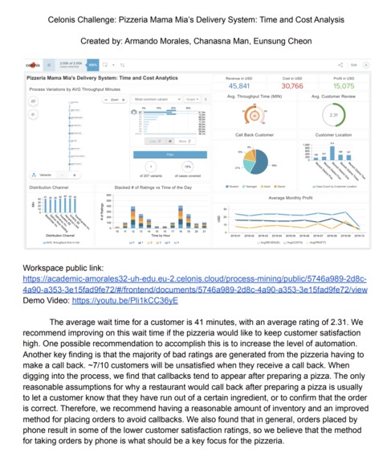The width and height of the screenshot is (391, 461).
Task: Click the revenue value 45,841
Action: tap(239, 84)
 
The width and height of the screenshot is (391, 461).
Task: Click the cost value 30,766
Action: tap(292, 84)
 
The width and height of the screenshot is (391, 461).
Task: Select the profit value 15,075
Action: tap(343, 84)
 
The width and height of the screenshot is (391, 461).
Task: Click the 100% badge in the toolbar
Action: tap(93, 64)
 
